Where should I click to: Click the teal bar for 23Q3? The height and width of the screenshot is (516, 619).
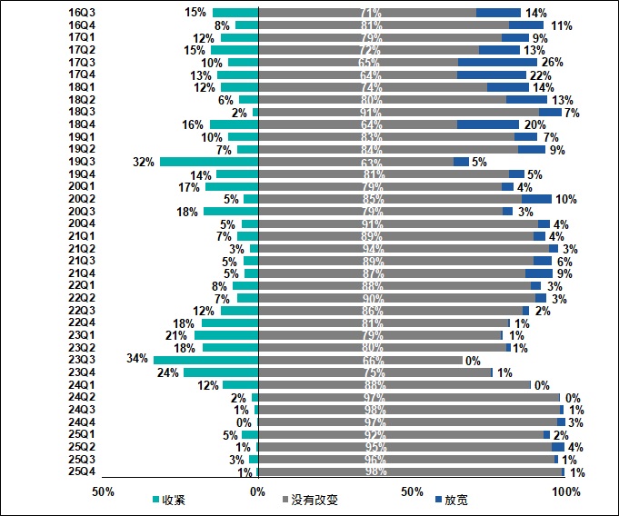coord(206,360)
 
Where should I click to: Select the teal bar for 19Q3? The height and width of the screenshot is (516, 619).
coord(210,162)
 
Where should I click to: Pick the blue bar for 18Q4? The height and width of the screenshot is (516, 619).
coord(488,124)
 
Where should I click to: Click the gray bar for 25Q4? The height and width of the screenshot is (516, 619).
coord(411,472)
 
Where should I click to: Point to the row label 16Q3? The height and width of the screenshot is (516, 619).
coord(83,13)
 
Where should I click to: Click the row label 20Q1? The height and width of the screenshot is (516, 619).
coord(83,186)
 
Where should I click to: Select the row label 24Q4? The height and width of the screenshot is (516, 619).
coord(83,422)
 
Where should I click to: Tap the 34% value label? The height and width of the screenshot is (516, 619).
coord(138,360)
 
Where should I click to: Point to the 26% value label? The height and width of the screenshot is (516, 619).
coord(553,63)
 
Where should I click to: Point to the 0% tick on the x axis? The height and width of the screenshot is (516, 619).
coord(258,491)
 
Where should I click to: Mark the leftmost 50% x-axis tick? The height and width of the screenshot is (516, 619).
coord(104,491)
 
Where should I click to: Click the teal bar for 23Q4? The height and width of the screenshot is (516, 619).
coord(221,372)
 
